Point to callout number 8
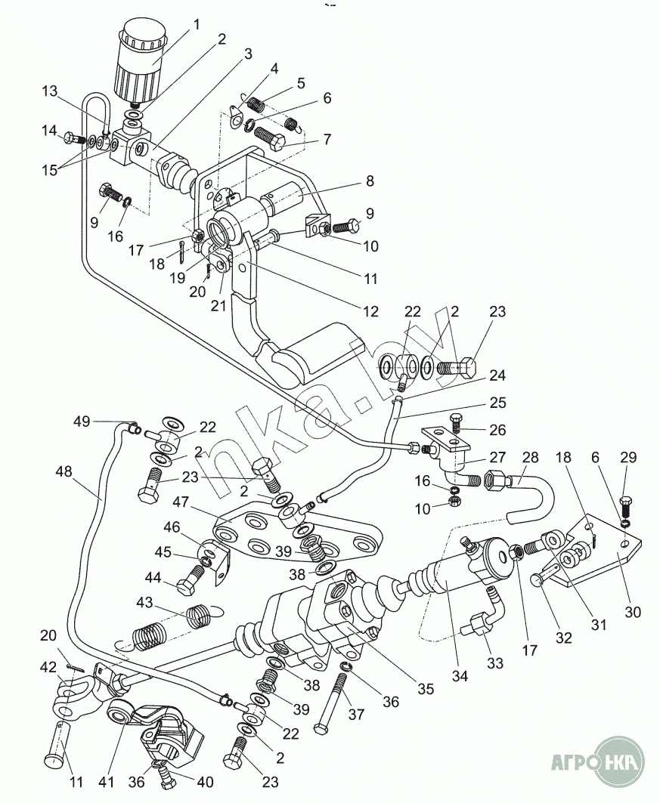pyautogui.click(x=370, y=181)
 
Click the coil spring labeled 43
pyautogui.click(x=198, y=616)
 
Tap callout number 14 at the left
pyautogui.click(x=49, y=130)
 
